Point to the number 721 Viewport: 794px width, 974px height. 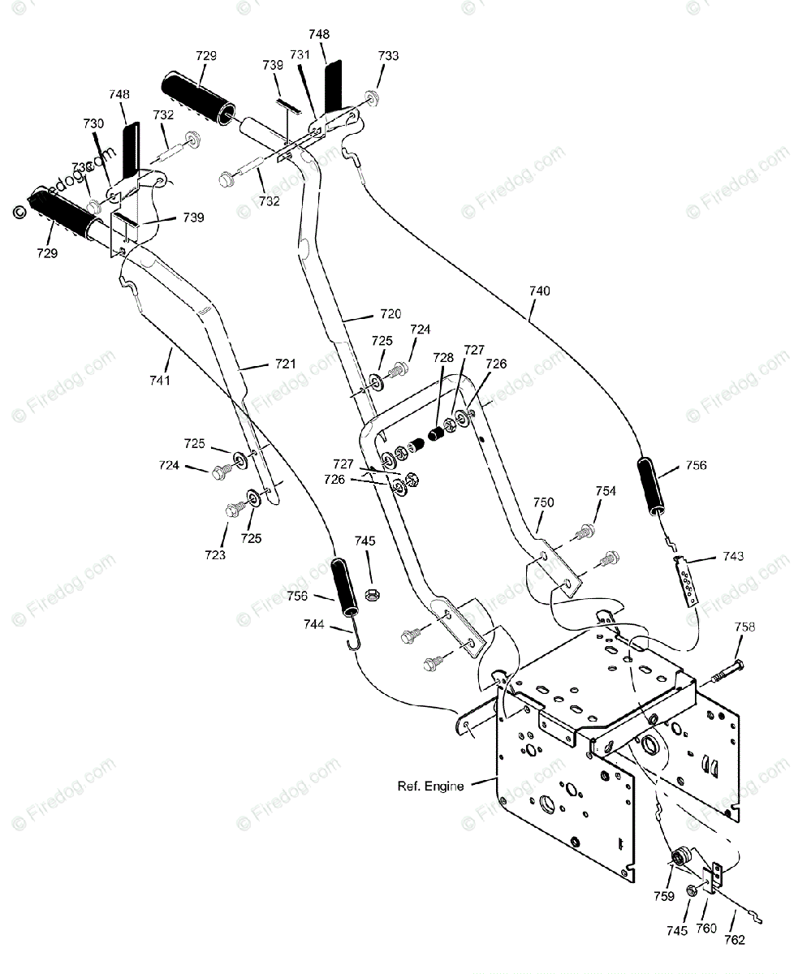[x=285, y=364]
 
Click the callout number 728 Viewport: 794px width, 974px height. [x=442, y=358]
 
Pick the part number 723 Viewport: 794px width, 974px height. [x=215, y=555]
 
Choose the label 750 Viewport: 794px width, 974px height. [x=543, y=502]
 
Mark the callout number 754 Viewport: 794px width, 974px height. [x=605, y=491]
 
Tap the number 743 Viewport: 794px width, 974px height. [x=732, y=557]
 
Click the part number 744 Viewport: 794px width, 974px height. [x=313, y=624]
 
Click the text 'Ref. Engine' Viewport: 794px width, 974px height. [x=430, y=786]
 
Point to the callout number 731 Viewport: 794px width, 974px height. [x=300, y=55]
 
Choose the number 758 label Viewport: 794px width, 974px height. [x=744, y=627]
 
